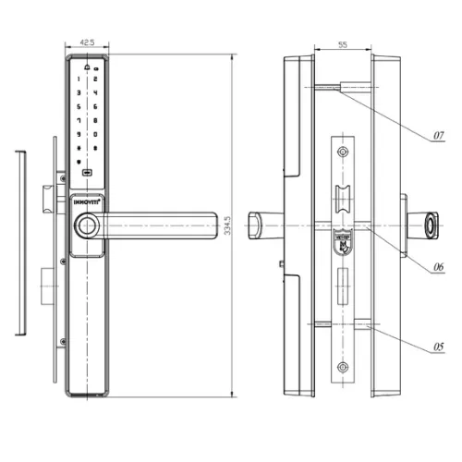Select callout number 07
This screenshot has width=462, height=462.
point(439,136)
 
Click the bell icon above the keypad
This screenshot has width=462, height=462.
point(88,67)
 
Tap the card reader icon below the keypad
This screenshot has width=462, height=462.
point(88,173)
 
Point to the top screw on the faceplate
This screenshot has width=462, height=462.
point(344,152)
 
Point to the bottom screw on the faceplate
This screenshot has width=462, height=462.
point(344,366)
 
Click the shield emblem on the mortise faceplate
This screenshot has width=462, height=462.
point(344,242)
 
